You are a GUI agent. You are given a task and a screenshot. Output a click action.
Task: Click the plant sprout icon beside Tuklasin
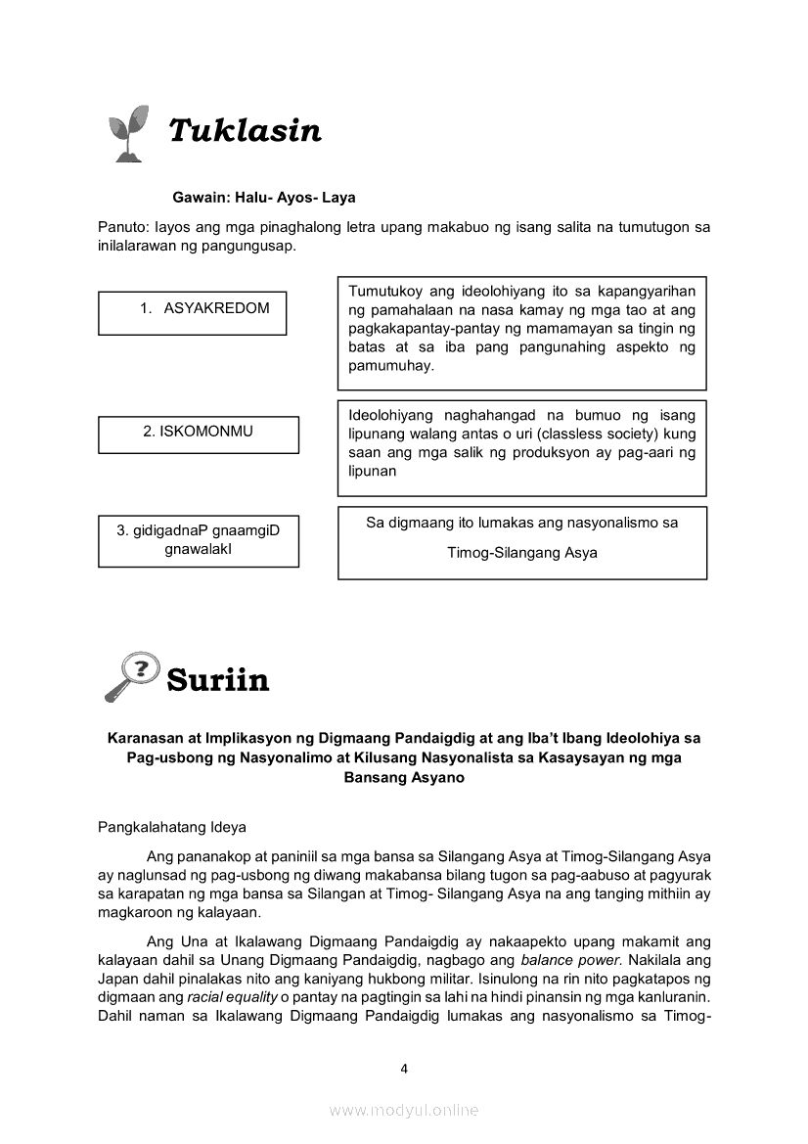pos(128,132)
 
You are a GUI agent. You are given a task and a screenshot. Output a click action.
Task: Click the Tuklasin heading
pos(245,130)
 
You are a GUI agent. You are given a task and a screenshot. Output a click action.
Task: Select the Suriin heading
pos(218,679)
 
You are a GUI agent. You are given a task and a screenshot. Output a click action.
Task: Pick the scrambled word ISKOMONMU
pos(198,431)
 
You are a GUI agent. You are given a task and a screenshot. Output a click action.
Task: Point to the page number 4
pos(404,1069)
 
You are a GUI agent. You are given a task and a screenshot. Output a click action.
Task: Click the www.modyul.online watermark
pos(404,1110)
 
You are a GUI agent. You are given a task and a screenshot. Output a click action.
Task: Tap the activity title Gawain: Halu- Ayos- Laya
pos(264,198)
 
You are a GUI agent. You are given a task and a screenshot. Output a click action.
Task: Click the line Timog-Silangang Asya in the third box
pos(522,553)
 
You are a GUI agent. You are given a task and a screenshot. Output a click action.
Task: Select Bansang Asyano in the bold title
pos(404,778)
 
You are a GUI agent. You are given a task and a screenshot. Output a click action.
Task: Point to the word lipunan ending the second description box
pos(373,471)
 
